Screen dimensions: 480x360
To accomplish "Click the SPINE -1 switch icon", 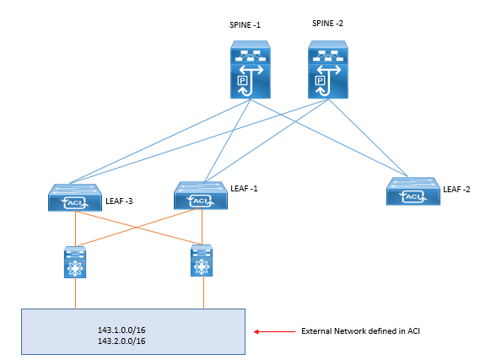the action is (250, 70).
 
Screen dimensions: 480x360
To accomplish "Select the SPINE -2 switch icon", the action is (328, 70).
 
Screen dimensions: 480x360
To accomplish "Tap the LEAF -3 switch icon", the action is (75, 197).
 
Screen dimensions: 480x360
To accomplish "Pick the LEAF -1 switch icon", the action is (201, 196).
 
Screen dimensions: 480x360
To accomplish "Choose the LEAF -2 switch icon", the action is (413, 191).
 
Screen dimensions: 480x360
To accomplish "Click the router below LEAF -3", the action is (75, 262).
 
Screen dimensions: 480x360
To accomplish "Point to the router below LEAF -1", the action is (202, 261).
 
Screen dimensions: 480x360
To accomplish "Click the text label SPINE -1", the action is (245, 25).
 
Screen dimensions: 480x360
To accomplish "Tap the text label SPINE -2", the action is (327, 24).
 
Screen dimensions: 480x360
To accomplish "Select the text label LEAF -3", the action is (119, 201).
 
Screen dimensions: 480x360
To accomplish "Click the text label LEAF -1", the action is (244, 189).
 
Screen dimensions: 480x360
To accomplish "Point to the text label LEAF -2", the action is (456, 190).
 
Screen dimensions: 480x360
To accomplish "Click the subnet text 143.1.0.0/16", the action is (121, 330).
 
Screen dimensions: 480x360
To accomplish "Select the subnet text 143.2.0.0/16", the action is (121, 341).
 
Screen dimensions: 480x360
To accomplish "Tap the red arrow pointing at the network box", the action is (275, 331).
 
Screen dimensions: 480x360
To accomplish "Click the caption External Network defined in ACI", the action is (360, 331).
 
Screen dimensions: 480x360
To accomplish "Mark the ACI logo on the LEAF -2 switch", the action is (413, 196).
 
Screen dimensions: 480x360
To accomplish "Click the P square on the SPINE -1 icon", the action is (242, 81).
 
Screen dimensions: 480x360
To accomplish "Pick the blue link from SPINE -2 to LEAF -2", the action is (368, 137).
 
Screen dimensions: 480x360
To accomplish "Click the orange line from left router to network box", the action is (75, 293).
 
